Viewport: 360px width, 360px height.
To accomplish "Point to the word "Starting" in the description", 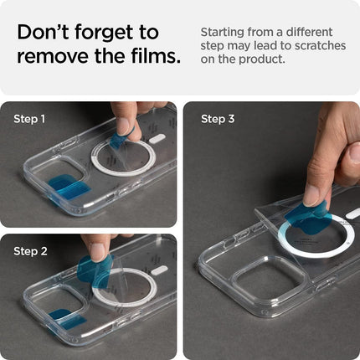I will pyautogui.click(x=224, y=32).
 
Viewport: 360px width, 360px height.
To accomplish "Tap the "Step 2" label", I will pyautogui.click(x=31, y=251).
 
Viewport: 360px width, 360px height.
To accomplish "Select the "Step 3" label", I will pyautogui.click(x=218, y=119).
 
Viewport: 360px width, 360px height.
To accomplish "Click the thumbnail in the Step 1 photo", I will pyautogui.click(x=124, y=126).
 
